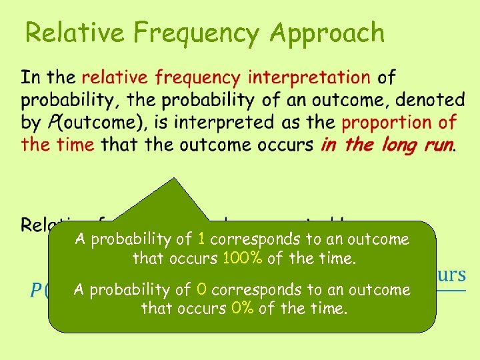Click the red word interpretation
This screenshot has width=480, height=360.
[x=309, y=78]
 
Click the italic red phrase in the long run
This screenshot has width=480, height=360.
[x=387, y=145]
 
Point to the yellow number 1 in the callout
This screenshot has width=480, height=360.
[x=201, y=239]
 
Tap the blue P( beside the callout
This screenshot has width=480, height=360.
[x=38, y=292]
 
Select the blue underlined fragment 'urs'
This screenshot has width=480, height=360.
[x=451, y=275]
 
